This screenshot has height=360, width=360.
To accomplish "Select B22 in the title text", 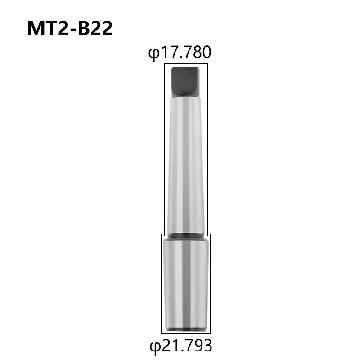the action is point(95,28).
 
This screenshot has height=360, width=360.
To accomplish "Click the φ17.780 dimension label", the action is point(179,53).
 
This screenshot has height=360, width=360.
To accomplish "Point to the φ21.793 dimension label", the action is point(181,346).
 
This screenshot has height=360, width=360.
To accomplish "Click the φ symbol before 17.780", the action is point(153,54).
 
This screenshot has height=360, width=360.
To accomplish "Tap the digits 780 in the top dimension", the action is point(198,52).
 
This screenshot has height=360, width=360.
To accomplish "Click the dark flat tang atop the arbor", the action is point(185,81).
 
